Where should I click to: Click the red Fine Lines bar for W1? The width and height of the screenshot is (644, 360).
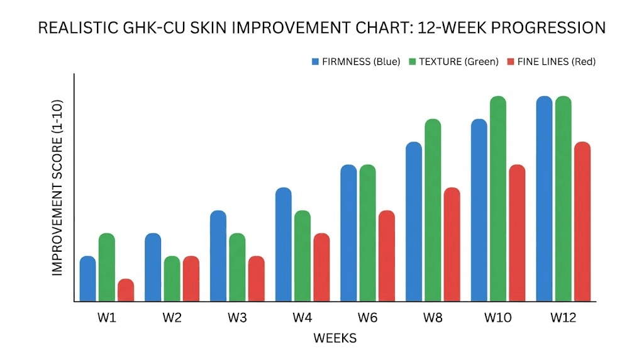[x=126, y=291]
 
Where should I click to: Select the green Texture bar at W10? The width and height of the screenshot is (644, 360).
[x=498, y=199]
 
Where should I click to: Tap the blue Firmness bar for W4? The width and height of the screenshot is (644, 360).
[x=284, y=245]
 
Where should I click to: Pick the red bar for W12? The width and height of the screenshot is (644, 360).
[x=582, y=222]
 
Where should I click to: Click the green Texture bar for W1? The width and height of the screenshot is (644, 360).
[x=107, y=267]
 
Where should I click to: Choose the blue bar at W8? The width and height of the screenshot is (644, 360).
[x=414, y=222]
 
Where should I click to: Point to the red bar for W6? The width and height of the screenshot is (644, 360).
[x=387, y=256]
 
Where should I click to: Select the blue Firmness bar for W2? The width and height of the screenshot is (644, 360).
[x=153, y=267]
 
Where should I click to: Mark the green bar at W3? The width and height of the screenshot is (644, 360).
[x=237, y=267]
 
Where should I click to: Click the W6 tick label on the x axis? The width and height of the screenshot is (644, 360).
[x=368, y=318]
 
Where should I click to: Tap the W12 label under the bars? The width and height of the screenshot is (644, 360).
[x=563, y=318]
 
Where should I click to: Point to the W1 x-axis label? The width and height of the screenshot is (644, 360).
[x=107, y=318]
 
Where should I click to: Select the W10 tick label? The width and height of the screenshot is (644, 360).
[x=498, y=318]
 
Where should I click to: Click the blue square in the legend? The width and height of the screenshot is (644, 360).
[x=315, y=62]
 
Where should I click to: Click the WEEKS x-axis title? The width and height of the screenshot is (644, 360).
[x=335, y=339]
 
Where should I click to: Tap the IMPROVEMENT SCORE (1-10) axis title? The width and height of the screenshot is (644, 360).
[x=58, y=187]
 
